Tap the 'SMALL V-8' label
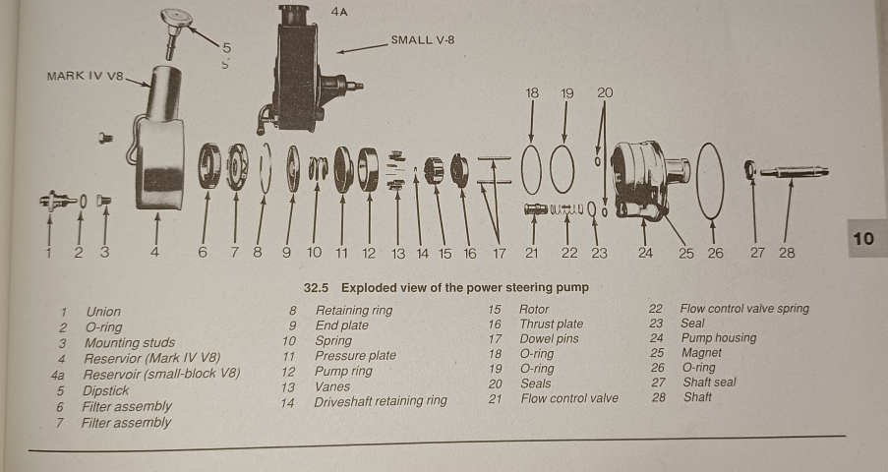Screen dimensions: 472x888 click(x=423, y=40)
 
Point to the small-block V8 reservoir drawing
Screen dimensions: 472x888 click(x=300, y=69)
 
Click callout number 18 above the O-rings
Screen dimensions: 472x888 click(x=532, y=92)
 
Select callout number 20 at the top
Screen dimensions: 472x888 click(x=605, y=92)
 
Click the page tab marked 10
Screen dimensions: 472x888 click(x=863, y=239)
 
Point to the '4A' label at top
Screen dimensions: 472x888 click(x=340, y=11)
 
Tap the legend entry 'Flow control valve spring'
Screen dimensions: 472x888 click(x=744, y=309)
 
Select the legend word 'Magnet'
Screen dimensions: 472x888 click(x=701, y=353)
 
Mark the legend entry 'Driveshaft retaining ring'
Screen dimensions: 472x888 click(x=380, y=401)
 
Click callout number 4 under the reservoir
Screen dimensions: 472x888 click(x=154, y=253)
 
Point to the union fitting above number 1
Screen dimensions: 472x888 click(x=57, y=201)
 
